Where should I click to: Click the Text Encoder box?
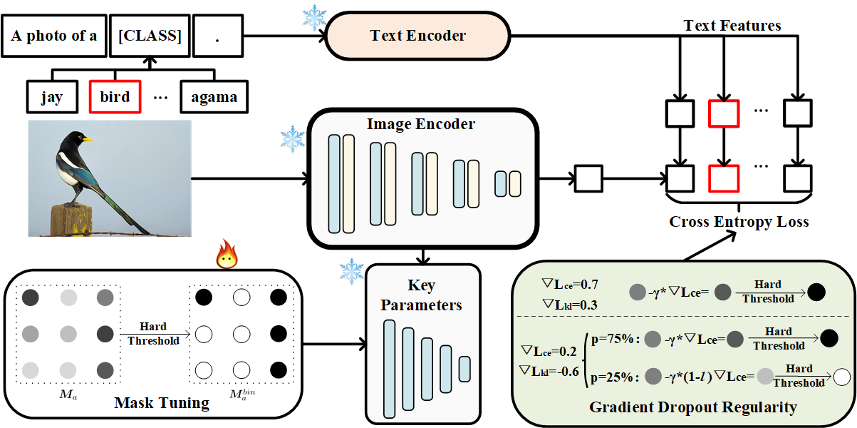coord(417,36)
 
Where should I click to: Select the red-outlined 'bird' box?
coord(115,97)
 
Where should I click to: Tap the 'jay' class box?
coord(51,97)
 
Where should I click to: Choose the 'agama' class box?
coord(214,97)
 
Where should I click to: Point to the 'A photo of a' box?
coord(54,36)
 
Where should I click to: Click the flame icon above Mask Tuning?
coord(227,254)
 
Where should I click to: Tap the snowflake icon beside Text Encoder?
coord(313,18)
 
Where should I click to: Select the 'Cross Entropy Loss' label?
coord(739,222)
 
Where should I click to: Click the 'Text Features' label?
coord(732,26)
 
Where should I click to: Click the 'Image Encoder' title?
coord(420,124)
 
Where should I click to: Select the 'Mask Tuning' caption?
coord(162,403)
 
